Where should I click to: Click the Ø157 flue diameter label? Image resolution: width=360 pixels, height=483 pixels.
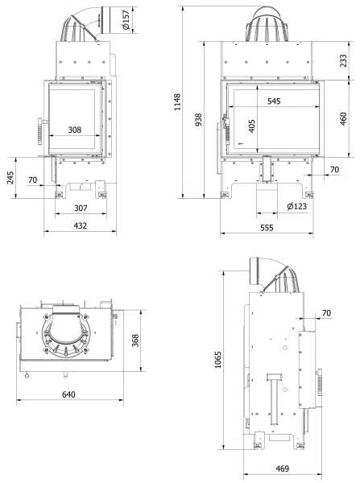tap(126, 20)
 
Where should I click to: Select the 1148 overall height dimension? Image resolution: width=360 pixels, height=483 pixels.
tap(177, 102)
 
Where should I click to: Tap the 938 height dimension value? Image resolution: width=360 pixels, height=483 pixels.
tap(199, 119)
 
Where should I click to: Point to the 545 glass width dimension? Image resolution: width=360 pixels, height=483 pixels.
tap(274, 101)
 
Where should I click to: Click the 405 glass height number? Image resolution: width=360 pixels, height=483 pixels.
tap(252, 126)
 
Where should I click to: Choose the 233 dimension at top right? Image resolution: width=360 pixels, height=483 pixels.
tap(343, 60)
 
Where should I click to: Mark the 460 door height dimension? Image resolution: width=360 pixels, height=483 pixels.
tap(343, 119)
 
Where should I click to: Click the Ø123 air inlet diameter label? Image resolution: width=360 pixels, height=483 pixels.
tap(297, 206)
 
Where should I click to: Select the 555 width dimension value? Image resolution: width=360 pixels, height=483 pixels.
tap(267, 228)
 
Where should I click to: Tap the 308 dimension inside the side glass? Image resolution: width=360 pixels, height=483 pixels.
tap(75, 130)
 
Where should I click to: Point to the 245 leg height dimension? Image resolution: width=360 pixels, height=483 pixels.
tap(10, 178)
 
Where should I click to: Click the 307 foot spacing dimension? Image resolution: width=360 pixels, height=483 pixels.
tap(81, 208)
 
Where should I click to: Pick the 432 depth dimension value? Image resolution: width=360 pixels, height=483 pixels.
tap(81, 225)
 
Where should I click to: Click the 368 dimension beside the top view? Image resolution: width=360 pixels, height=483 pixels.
tap(135, 341)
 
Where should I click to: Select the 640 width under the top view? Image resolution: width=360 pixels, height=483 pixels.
tap(68, 394)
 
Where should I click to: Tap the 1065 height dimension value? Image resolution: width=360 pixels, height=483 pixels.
tap(218, 360)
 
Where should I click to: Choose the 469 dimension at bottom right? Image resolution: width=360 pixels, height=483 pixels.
tap(283, 469)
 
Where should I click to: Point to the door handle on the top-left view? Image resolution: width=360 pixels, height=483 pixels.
tap(40, 130)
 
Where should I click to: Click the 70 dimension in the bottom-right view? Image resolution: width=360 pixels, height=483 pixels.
tap(326, 313)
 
